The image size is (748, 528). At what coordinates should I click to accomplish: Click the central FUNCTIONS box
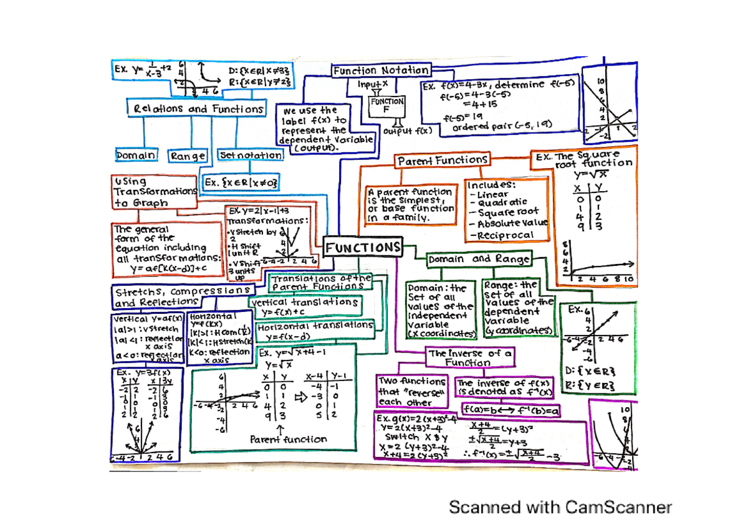tap(363, 247)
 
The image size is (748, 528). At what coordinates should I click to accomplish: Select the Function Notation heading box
tap(380, 70)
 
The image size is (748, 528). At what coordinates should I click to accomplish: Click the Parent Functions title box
tap(443, 161)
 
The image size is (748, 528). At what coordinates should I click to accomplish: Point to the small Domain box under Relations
tap(137, 154)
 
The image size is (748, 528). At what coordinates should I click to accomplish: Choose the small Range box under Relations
tap(187, 156)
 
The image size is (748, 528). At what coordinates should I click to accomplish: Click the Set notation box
tap(249, 154)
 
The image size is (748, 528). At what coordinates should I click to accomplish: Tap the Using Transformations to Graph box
tap(154, 192)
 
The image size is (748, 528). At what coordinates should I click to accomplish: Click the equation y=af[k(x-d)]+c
tap(168, 268)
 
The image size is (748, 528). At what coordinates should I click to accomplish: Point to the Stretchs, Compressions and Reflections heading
tap(183, 296)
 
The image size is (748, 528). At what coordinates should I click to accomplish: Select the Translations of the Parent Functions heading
tap(320, 282)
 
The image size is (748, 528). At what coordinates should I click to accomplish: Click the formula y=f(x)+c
tap(284, 311)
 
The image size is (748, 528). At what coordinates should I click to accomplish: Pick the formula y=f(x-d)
tap(289, 336)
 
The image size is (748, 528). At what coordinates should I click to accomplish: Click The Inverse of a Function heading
tap(471, 357)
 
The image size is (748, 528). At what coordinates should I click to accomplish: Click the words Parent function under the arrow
tap(288, 439)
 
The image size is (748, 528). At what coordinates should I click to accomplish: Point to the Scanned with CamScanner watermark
tap(560, 507)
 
